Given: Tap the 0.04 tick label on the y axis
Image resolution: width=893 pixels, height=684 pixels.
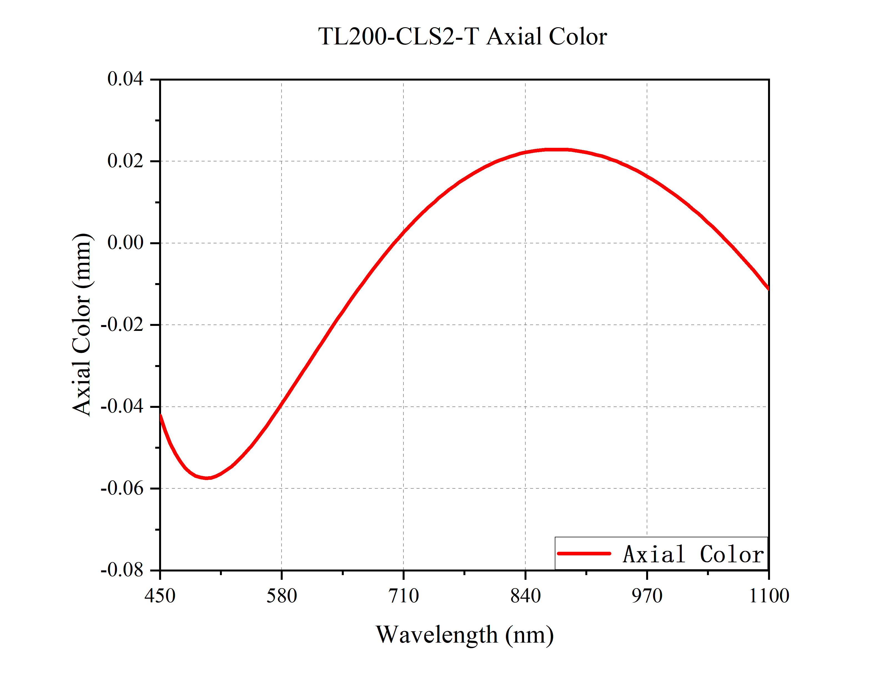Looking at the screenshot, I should point(125,79).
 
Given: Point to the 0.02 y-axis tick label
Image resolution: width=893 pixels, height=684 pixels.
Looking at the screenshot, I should point(125,161).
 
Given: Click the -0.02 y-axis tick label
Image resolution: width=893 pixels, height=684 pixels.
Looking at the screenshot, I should point(122,324).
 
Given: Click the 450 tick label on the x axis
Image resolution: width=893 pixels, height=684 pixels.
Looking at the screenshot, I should point(160,596).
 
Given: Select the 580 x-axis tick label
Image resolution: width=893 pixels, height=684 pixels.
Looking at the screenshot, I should point(282,596).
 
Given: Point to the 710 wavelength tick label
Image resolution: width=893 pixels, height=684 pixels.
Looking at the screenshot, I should point(403,596).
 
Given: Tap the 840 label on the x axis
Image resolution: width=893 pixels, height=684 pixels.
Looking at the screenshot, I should point(525,596).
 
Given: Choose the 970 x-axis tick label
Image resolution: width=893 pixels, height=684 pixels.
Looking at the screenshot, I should point(647,596).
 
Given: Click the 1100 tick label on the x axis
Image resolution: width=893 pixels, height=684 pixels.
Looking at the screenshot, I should point(769,596).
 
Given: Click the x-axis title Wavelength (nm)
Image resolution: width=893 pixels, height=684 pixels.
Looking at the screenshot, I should point(464,634).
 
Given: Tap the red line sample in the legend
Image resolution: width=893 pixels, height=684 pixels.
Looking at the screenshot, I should point(584,553).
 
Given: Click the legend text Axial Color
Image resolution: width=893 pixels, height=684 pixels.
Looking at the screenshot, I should point(693,554).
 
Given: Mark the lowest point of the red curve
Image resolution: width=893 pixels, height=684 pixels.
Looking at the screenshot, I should point(207,478).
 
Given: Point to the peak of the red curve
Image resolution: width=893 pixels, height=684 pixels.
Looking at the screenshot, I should point(555,150).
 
